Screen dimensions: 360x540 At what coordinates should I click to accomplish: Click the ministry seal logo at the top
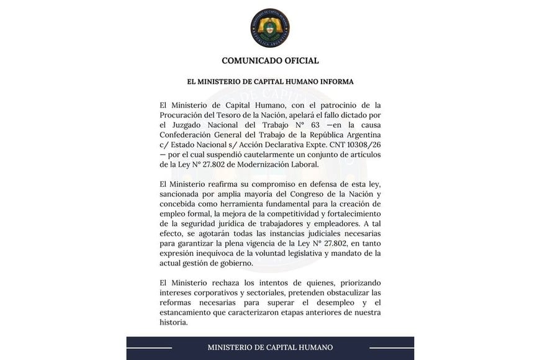[270, 28]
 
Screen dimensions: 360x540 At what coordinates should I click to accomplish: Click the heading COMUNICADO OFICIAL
[270, 61]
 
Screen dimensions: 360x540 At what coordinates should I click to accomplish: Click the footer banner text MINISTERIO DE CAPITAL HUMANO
[270, 348]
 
